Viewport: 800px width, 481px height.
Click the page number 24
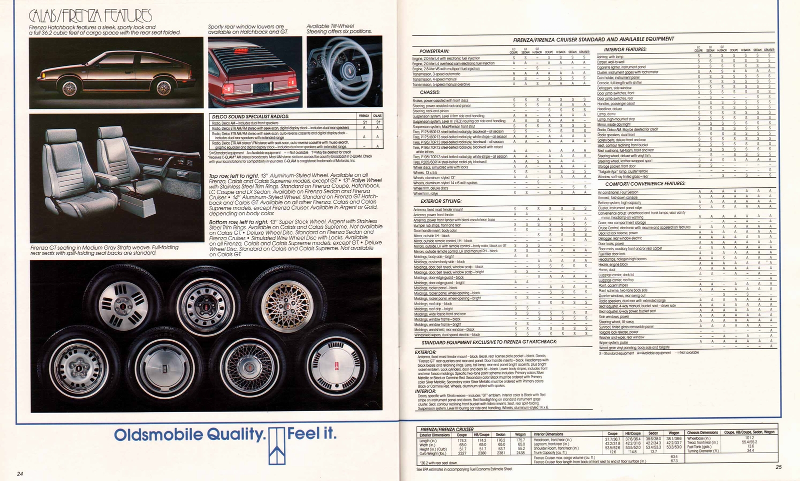(x=20, y=474)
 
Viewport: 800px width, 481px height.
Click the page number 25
(x=778, y=467)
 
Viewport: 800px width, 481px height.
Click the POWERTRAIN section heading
(x=434, y=51)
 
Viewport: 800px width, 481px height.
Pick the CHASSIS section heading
(x=429, y=92)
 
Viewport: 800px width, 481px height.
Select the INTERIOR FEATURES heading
(x=625, y=49)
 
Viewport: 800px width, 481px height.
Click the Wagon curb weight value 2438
(x=520, y=453)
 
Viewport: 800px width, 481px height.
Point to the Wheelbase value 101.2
(x=749, y=438)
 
